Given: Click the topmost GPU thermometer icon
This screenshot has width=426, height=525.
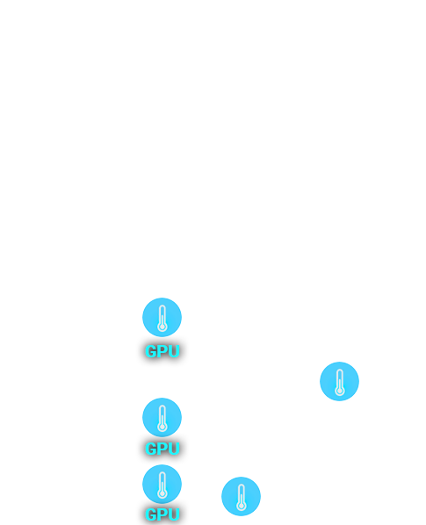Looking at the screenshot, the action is (162, 317).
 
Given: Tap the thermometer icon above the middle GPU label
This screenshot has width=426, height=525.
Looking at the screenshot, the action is (162, 417).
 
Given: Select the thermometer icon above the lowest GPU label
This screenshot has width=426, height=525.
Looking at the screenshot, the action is (162, 484).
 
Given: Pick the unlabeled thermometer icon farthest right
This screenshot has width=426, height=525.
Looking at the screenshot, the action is (340, 381).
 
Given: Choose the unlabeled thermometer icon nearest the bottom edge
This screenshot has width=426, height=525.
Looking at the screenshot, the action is (242, 497).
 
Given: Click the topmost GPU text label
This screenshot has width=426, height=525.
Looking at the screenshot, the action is (162, 351).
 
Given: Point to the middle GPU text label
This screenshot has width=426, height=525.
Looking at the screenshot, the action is (162, 449).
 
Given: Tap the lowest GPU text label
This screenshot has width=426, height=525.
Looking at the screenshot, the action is (162, 514).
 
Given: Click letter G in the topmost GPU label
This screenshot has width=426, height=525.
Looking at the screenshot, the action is (151, 351).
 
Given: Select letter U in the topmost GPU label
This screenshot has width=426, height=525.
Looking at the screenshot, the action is (175, 351).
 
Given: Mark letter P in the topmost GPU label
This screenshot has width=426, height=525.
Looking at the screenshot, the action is (162, 351).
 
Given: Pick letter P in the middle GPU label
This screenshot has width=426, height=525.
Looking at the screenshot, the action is (162, 449).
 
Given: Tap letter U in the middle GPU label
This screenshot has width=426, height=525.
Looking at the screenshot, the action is (175, 449).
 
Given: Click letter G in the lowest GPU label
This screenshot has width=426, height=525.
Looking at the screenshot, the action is (151, 514).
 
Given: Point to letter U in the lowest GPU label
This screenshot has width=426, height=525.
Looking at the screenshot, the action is (175, 514).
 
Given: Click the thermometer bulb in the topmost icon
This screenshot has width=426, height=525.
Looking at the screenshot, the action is (162, 327).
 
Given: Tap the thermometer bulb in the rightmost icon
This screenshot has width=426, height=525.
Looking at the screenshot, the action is (340, 391).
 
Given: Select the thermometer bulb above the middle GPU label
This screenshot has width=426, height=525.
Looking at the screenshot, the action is (162, 427).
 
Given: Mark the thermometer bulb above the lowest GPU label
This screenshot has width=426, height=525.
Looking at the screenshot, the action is (162, 493).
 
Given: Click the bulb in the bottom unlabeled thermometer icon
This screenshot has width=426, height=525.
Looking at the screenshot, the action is (242, 506).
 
